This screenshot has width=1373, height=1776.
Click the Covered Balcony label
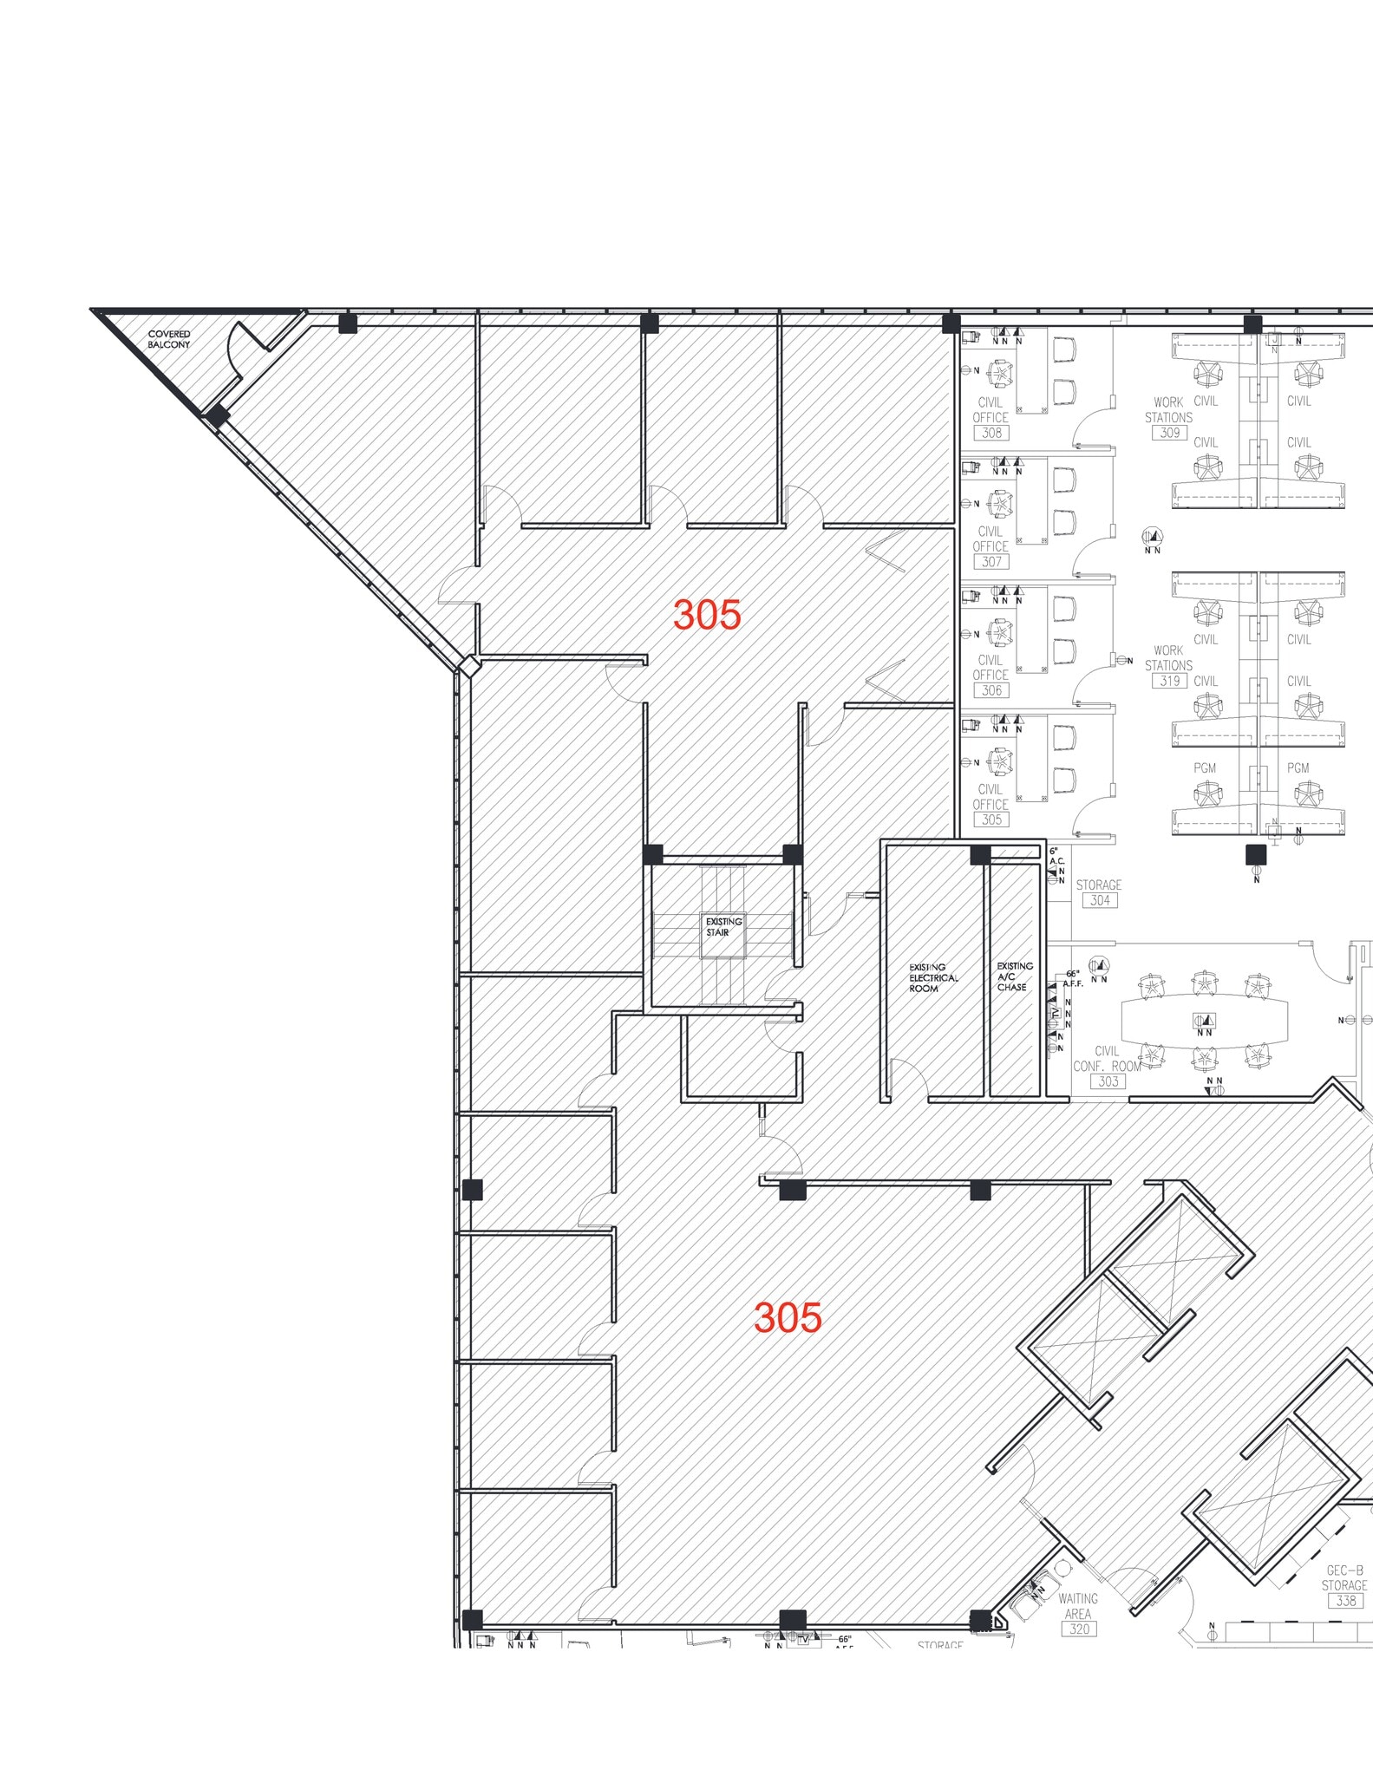coord(168,339)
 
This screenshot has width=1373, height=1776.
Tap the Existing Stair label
coord(723,927)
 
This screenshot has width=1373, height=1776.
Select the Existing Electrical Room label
coord(933,977)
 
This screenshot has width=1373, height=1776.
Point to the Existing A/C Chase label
coord(1014,976)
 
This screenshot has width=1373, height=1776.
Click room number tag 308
coord(991,433)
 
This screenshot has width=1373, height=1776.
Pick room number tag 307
coord(991,562)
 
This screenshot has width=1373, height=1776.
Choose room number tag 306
coord(991,690)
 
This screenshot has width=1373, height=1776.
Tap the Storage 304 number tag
coord(1100,900)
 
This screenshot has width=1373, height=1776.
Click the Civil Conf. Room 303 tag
coord(1108,1081)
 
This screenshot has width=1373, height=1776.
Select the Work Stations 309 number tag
coord(1170,433)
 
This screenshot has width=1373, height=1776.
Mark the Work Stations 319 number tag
coord(1170,681)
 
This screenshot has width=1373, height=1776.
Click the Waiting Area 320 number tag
coord(1078,1629)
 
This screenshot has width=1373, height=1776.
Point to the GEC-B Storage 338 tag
coord(1345,1600)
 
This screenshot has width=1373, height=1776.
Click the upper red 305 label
coord(707,615)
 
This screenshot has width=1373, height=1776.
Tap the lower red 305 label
coord(788,1317)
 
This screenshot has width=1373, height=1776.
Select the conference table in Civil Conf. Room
coord(1204,1022)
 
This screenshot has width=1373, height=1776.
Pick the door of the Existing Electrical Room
coord(910,1080)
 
